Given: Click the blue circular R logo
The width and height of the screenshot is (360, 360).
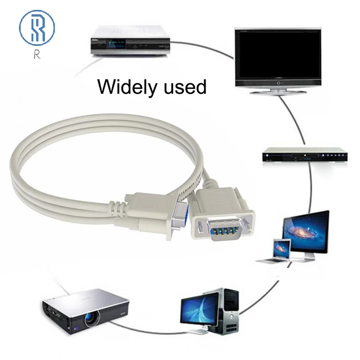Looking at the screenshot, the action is coord(36,27).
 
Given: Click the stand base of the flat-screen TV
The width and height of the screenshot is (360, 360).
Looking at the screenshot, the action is coord(278,90).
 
